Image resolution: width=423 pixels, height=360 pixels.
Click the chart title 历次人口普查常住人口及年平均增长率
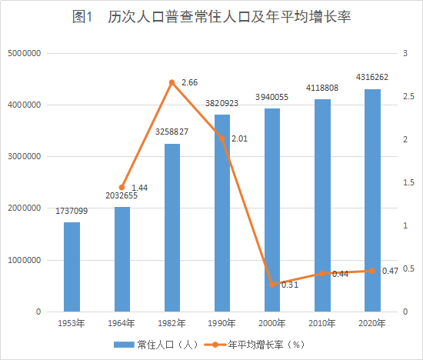[x=211, y=17]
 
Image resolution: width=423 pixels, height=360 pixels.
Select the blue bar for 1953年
[x=72, y=267]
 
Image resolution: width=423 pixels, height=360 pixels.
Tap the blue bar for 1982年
[x=172, y=228]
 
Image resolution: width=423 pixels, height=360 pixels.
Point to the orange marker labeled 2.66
[x=172, y=82]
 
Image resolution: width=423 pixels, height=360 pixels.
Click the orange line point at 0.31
[x=272, y=285]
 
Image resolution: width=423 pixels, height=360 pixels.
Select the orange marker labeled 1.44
[x=122, y=188]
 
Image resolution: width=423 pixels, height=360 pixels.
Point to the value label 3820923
[x=221, y=103]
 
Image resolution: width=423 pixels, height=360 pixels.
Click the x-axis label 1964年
[x=122, y=323]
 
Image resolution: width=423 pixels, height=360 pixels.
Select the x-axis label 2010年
[x=321, y=323]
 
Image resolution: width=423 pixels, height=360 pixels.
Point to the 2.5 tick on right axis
[x=405, y=96]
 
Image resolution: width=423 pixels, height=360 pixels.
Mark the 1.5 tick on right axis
[x=405, y=182]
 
